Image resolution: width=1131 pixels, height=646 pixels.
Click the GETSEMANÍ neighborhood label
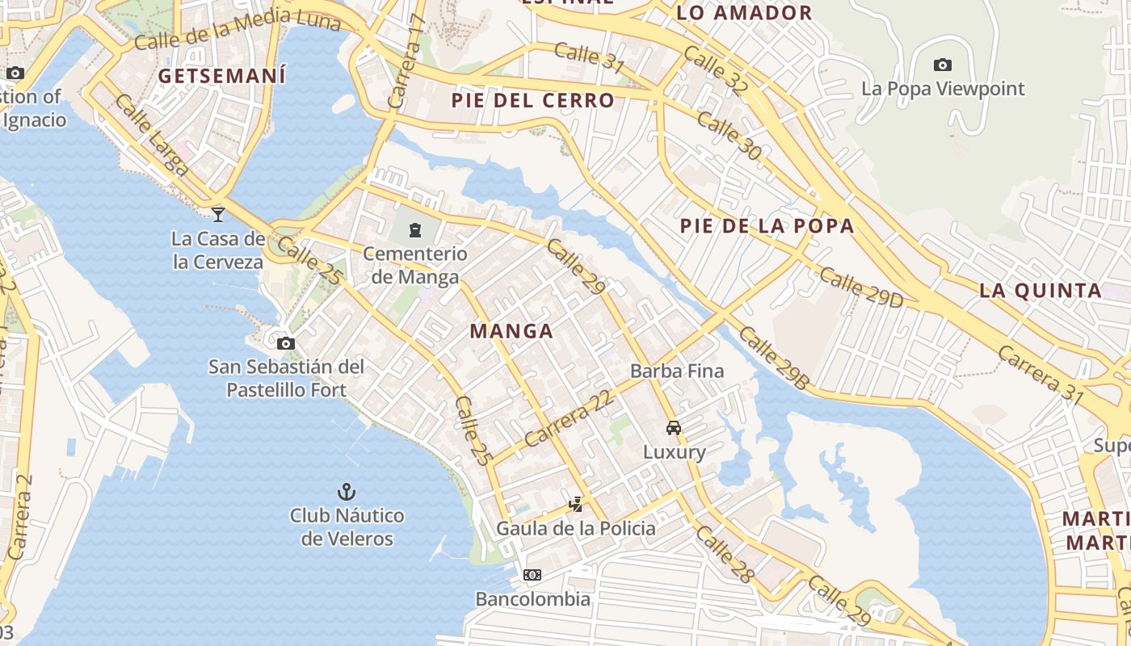coord(222,76)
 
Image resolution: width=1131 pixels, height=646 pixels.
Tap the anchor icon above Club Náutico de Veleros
coord(347,491)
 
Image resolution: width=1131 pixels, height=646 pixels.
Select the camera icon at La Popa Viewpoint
coord(942,65)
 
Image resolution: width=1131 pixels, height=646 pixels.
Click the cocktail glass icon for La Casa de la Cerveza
coord(218,214)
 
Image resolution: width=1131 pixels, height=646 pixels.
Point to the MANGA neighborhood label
coord(511,331)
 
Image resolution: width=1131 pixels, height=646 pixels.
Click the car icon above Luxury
coord(674,428)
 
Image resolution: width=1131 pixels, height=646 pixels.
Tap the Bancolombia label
coord(532,599)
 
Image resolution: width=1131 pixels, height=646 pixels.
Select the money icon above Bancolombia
coord(532,575)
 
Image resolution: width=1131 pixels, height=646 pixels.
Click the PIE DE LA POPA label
coord(767,226)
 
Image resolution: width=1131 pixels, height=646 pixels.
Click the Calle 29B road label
coord(772,359)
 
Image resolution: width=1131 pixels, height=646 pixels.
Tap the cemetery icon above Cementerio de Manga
coord(415,230)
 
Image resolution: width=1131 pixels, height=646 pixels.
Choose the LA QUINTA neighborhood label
coord(1041,291)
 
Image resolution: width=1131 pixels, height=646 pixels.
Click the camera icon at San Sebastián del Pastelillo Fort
coord(285,343)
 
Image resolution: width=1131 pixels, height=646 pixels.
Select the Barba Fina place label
coord(677,371)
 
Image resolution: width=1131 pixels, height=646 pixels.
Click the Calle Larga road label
coord(151,135)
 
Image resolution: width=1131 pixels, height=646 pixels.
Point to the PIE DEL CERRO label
coord(533,101)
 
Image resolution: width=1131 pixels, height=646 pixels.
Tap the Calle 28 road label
coord(725,554)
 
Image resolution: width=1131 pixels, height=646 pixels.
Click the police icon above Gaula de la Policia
coord(575,505)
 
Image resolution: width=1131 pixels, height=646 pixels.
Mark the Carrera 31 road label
coord(1040,374)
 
